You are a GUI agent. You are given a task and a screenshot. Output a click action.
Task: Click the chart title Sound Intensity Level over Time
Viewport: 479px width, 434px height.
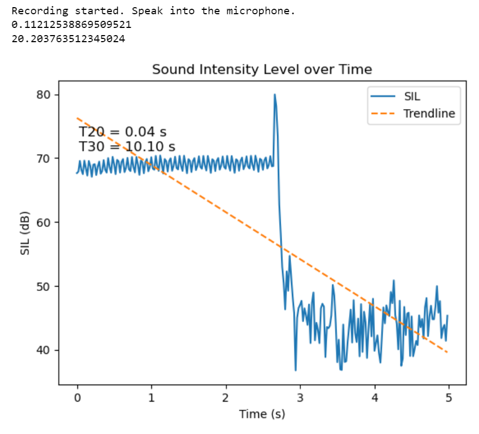[x=262, y=70]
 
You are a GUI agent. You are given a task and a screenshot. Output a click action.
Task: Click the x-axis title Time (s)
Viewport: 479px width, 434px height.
[x=262, y=414]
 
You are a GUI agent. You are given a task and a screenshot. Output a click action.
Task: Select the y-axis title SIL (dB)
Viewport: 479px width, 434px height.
[x=25, y=232]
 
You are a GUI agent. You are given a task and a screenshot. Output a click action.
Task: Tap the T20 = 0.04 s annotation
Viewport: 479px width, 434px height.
[x=123, y=132]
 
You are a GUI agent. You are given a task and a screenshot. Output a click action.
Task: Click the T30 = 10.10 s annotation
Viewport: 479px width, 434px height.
[x=127, y=147]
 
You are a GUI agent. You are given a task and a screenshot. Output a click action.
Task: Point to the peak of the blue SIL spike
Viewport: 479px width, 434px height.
[x=275, y=95]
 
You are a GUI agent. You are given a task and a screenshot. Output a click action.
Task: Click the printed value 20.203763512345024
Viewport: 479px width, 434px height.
[x=68, y=38]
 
